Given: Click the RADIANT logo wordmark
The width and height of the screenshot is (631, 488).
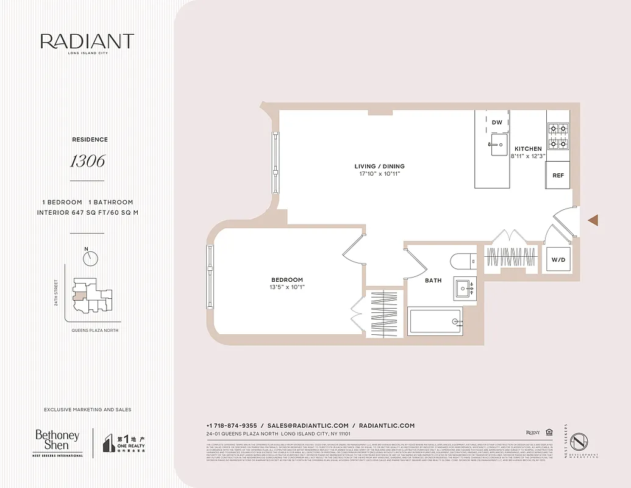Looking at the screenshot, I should pyautogui.click(x=87, y=41).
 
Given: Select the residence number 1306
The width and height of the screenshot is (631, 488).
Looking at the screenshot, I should pyautogui.click(x=87, y=161).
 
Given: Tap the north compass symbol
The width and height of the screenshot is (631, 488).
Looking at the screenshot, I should pyautogui.click(x=90, y=258).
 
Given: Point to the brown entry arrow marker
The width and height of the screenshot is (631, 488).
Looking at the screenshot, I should pyautogui.click(x=593, y=220).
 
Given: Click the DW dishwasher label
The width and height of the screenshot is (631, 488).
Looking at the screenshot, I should pyautogui.click(x=497, y=123).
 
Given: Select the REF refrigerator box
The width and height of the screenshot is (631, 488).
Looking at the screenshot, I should pyautogui.click(x=557, y=175).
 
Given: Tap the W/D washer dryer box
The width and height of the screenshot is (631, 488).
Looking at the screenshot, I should pyautogui.click(x=558, y=260).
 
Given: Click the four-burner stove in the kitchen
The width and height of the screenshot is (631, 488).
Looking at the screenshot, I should pyautogui.click(x=557, y=136).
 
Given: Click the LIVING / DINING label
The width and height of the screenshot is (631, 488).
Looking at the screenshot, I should pyautogui.click(x=379, y=167).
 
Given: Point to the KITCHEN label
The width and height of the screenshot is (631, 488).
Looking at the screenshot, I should pyautogui.click(x=527, y=149).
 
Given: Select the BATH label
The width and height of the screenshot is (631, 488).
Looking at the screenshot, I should pyautogui.click(x=433, y=281).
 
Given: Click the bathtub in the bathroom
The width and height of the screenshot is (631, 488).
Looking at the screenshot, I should pyautogui.click(x=435, y=321).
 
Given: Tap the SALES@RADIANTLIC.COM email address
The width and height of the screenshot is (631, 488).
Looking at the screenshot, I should pyautogui.click(x=308, y=426).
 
